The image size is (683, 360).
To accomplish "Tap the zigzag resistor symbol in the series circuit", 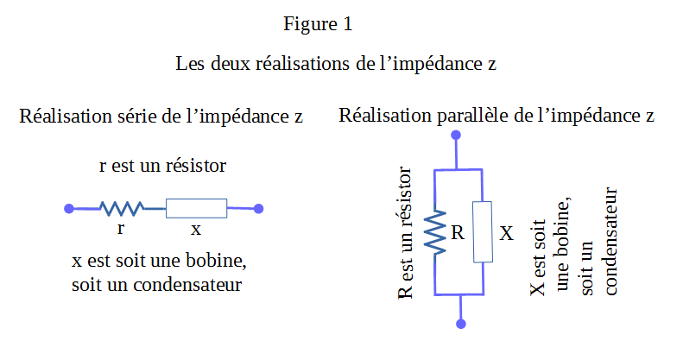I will click(121, 208).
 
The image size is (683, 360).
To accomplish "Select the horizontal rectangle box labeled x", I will click(196, 208).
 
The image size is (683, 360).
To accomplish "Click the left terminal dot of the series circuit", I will click(69, 208).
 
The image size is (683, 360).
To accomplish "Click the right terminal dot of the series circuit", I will click(258, 208).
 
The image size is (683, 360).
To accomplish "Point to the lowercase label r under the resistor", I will click(121, 230).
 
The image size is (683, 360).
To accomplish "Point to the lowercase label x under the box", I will click(196, 230).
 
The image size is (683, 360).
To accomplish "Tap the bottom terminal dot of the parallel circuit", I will click(460, 324).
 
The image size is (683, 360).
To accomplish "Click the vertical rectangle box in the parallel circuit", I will click(483, 231).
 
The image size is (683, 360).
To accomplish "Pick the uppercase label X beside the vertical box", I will click(507, 233).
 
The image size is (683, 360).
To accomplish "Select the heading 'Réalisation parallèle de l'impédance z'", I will click(496, 116).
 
